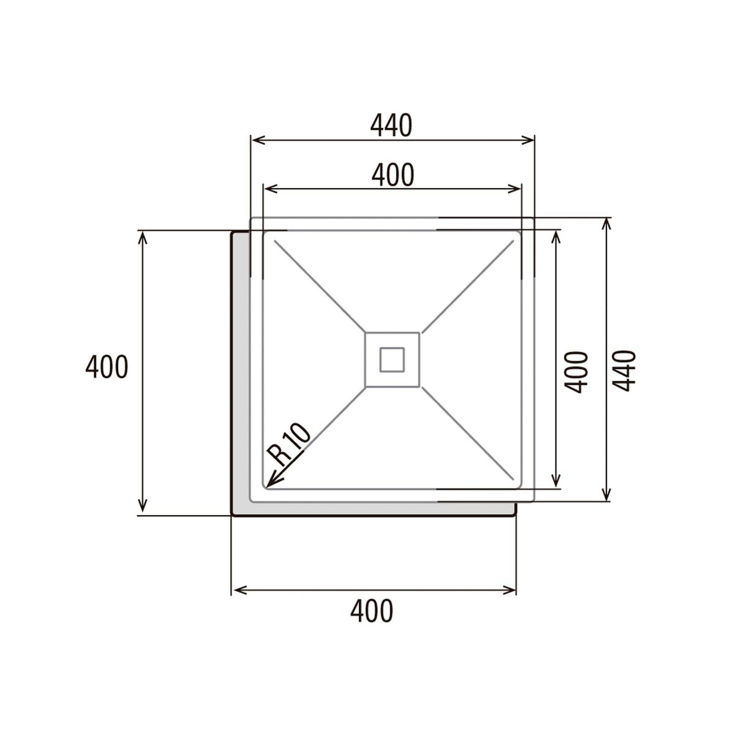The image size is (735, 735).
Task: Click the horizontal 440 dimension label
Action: [x=392, y=126]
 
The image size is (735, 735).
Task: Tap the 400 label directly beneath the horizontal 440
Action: [x=393, y=175]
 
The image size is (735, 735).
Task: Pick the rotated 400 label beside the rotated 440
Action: [x=576, y=372]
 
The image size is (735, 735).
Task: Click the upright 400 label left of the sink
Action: [x=107, y=367]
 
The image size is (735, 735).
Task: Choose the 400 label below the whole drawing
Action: [x=372, y=611]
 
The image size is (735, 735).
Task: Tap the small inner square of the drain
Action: [x=392, y=360]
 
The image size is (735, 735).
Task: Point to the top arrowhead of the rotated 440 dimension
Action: [x=607, y=221]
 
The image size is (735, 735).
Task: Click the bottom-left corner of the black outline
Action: [x=232, y=514]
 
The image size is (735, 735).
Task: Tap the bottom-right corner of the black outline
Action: [x=515, y=514]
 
